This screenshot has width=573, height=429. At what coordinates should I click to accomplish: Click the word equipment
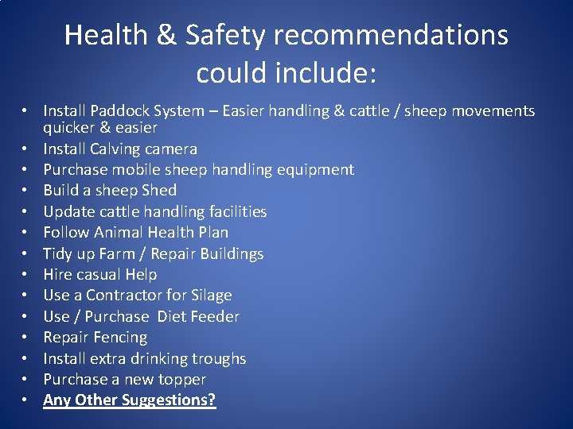pyautogui.click(x=317, y=169)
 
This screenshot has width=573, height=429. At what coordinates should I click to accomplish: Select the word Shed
pyautogui.click(x=159, y=190)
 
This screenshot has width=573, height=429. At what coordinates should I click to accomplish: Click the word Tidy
pyautogui.click(x=58, y=253)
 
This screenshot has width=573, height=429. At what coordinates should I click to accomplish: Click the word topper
pyautogui.click(x=182, y=379)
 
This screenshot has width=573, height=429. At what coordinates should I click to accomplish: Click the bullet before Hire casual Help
pyautogui.click(x=26, y=275)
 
